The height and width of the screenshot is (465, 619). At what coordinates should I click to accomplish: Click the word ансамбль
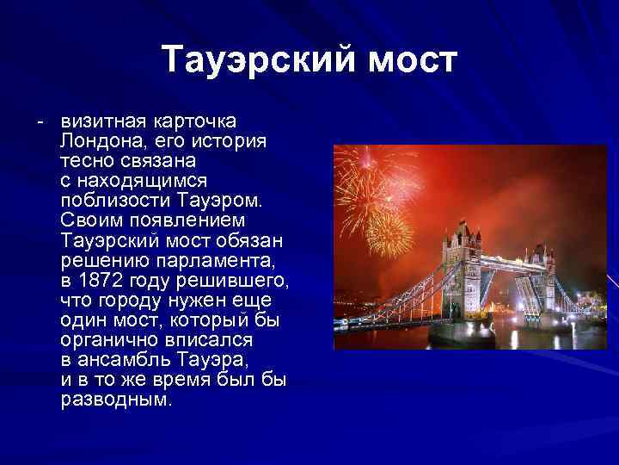122,359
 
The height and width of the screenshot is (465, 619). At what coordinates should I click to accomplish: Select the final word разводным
117,400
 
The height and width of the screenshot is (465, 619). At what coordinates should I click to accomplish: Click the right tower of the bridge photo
542,276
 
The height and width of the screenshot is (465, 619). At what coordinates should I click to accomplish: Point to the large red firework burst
368,185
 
